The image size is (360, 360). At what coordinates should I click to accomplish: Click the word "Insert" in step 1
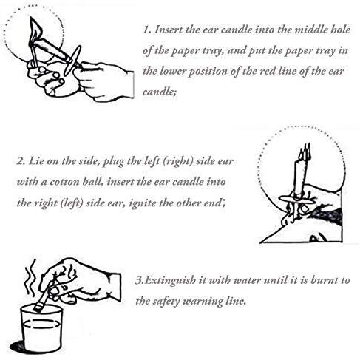pos(168,30)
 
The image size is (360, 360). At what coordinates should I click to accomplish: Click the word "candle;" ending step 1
pos(160,92)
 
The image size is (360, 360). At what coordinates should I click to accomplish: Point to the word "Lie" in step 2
pos(35,161)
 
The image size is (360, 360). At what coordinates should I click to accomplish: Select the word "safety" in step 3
pos(166,302)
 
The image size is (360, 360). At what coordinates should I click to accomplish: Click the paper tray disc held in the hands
pos(72,61)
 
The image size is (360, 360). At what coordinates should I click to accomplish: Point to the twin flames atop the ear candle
pos(305,151)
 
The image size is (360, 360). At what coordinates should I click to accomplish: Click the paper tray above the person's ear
pos(297,199)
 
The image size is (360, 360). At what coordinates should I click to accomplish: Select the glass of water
pos(41,327)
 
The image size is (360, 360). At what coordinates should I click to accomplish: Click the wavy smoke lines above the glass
pos(30,277)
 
